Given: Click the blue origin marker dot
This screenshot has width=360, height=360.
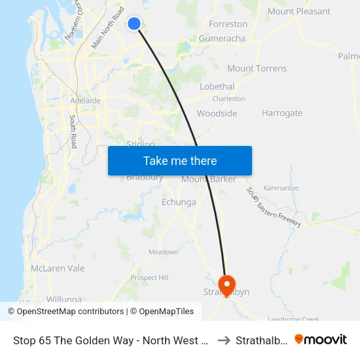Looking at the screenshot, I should pyautogui.click(x=134, y=24).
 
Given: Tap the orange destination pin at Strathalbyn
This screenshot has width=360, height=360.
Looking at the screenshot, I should pyautogui.click(x=227, y=284).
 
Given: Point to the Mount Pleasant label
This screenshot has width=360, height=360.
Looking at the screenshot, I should pyautogui.click(x=298, y=11).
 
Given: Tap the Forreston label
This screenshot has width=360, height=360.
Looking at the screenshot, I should pyautogui.click(x=228, y=24).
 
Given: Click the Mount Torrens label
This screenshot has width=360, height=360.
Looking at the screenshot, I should pyautogui.click(x=257, y=68).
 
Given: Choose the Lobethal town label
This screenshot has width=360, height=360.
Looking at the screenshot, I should pyautogui.click(x=217, y=86).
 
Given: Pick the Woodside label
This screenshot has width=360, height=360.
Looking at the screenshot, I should pyautogui.click(x=217, y=113).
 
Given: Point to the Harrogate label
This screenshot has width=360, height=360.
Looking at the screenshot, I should pyautogui.click(x=282, y=113).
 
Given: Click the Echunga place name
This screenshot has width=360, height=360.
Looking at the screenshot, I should pyautogui.click(x=178, y=202).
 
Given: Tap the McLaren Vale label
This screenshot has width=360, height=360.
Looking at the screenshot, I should pyautogui.click(x=58, y=268).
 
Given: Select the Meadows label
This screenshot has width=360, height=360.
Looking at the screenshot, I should pyautogui.click(x=163, y=252).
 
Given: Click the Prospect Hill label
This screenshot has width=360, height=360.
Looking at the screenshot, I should pyautogui.click(x=149, y=278).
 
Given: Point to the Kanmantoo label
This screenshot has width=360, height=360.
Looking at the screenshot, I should pyautogui.click(x=281, y=188).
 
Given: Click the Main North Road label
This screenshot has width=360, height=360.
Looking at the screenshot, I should pyautogui.click(x=108, y=28).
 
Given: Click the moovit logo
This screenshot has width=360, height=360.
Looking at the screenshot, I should pyautogui.click(x=321, y=339).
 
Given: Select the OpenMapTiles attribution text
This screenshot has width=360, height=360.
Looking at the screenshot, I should pyautogui.click(x=162, y=312).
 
